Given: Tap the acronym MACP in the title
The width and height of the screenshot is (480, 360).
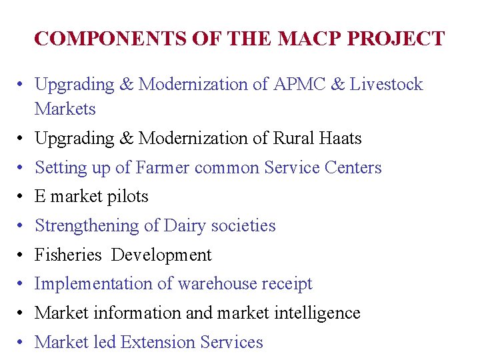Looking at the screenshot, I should [297, 39].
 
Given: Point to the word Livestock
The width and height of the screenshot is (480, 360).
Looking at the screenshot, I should [387, 85].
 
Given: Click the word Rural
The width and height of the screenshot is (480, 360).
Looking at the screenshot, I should [291, 139].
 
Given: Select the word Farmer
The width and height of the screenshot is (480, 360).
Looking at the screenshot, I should [162, 167].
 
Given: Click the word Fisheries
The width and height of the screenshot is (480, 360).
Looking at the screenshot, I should [68, 255].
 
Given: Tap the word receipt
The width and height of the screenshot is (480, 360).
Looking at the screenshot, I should [288, 285].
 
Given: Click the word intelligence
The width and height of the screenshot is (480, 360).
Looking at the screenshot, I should [317, 313].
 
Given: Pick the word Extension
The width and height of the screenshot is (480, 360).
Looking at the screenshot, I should [159, 343].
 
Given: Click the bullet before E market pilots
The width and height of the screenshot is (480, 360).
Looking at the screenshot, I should [21, 197].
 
